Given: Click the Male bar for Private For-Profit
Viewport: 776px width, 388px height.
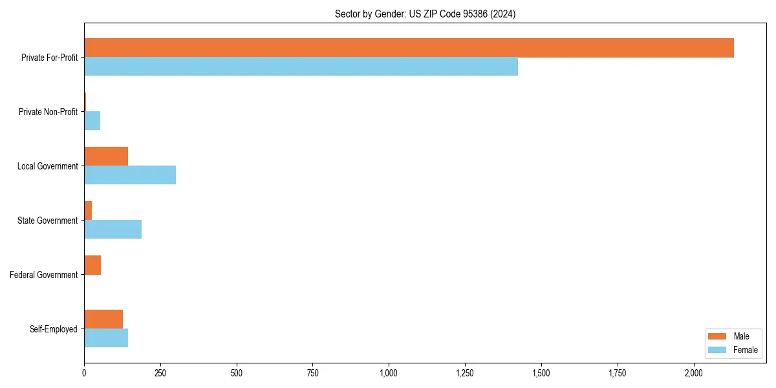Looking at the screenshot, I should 409,48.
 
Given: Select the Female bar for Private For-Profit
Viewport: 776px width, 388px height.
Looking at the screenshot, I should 301,67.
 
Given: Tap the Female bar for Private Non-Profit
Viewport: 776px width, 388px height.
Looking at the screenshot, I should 92,121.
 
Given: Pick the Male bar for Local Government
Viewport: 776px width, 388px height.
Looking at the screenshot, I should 106,156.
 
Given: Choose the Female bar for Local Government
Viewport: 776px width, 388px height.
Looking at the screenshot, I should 130,175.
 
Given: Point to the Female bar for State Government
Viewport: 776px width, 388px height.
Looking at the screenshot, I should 113,230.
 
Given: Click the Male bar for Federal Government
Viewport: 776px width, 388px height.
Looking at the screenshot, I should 92,265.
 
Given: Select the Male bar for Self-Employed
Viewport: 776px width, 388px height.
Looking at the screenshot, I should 103,319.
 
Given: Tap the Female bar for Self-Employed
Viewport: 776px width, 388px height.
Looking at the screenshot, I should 106,338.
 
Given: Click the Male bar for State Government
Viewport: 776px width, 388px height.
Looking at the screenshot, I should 88,211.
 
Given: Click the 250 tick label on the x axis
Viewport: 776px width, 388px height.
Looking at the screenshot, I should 160,373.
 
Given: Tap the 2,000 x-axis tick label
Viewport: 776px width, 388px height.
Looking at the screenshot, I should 693,373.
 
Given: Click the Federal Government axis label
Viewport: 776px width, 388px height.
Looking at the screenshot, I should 44,275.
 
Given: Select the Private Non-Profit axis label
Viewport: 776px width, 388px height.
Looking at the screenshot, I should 48,112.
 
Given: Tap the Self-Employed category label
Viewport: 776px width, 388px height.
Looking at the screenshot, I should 54,329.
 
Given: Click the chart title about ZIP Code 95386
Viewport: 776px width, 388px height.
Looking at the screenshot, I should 425,14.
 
